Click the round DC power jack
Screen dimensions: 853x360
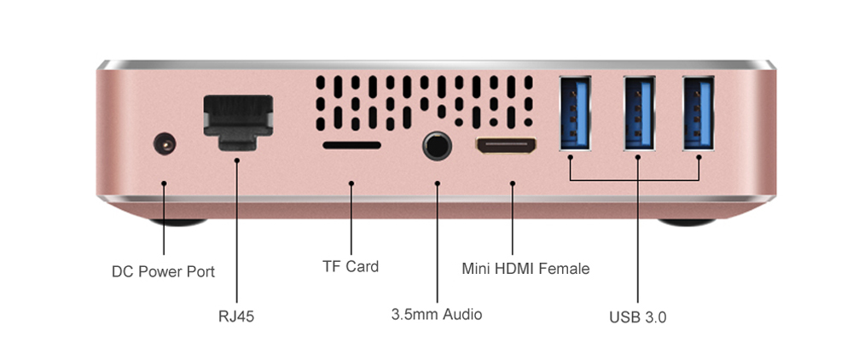(165, 145)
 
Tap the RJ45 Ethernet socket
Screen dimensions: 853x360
(238, 122)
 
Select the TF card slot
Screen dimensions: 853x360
(351, 145)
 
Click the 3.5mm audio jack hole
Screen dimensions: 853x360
(437, 146)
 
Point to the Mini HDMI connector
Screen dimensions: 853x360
(507, 145)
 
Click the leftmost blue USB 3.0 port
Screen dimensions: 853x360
(575, 113)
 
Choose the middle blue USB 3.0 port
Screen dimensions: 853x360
(640, 113)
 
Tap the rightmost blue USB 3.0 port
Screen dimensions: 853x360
(699, 113)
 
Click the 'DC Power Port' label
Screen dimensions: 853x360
(163, 271)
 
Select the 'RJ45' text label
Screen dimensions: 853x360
(236, 316)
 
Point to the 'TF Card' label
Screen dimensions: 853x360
(351, 266)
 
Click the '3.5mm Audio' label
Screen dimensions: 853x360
(437, 314)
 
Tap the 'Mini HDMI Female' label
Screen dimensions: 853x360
(525, 268)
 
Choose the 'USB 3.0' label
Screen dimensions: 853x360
(637, 317)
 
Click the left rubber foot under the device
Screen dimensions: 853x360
(178, 222)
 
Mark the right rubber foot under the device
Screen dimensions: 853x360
(687, 222)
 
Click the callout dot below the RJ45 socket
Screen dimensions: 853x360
(236, 160)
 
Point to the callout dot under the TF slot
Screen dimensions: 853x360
(351, 183)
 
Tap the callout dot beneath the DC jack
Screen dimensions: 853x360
(164, 183)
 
